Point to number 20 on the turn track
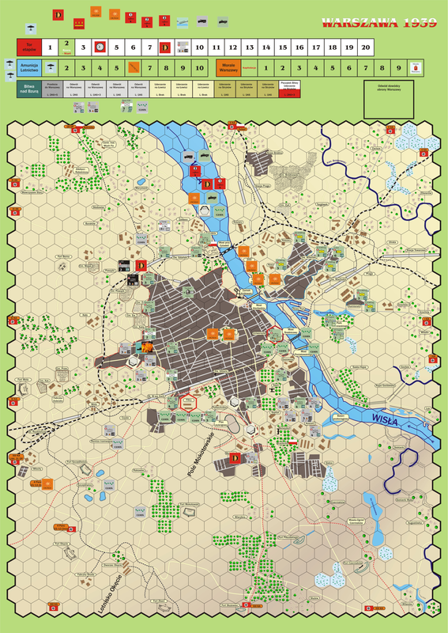click(364, 47)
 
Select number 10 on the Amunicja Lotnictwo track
click(199, 68)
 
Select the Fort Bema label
click(63, 256)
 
